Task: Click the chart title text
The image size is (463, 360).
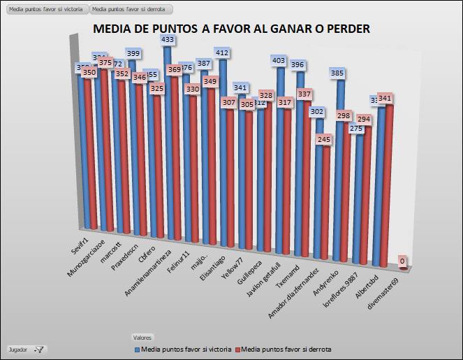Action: (x=231, y=29)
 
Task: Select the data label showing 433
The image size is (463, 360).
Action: (x=168, y=40)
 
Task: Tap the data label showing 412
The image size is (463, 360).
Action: (x=222, y=52)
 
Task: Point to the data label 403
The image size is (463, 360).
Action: (x=278, y=61)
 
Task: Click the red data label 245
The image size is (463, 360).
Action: (x=323, y=139)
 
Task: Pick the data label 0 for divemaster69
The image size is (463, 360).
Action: (x=403, y=261)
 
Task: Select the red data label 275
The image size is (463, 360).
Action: (x=355, y=129)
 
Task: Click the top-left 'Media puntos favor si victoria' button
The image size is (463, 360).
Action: (x=45, y=10)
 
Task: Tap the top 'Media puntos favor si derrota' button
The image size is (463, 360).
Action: (x=131, y=10)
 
